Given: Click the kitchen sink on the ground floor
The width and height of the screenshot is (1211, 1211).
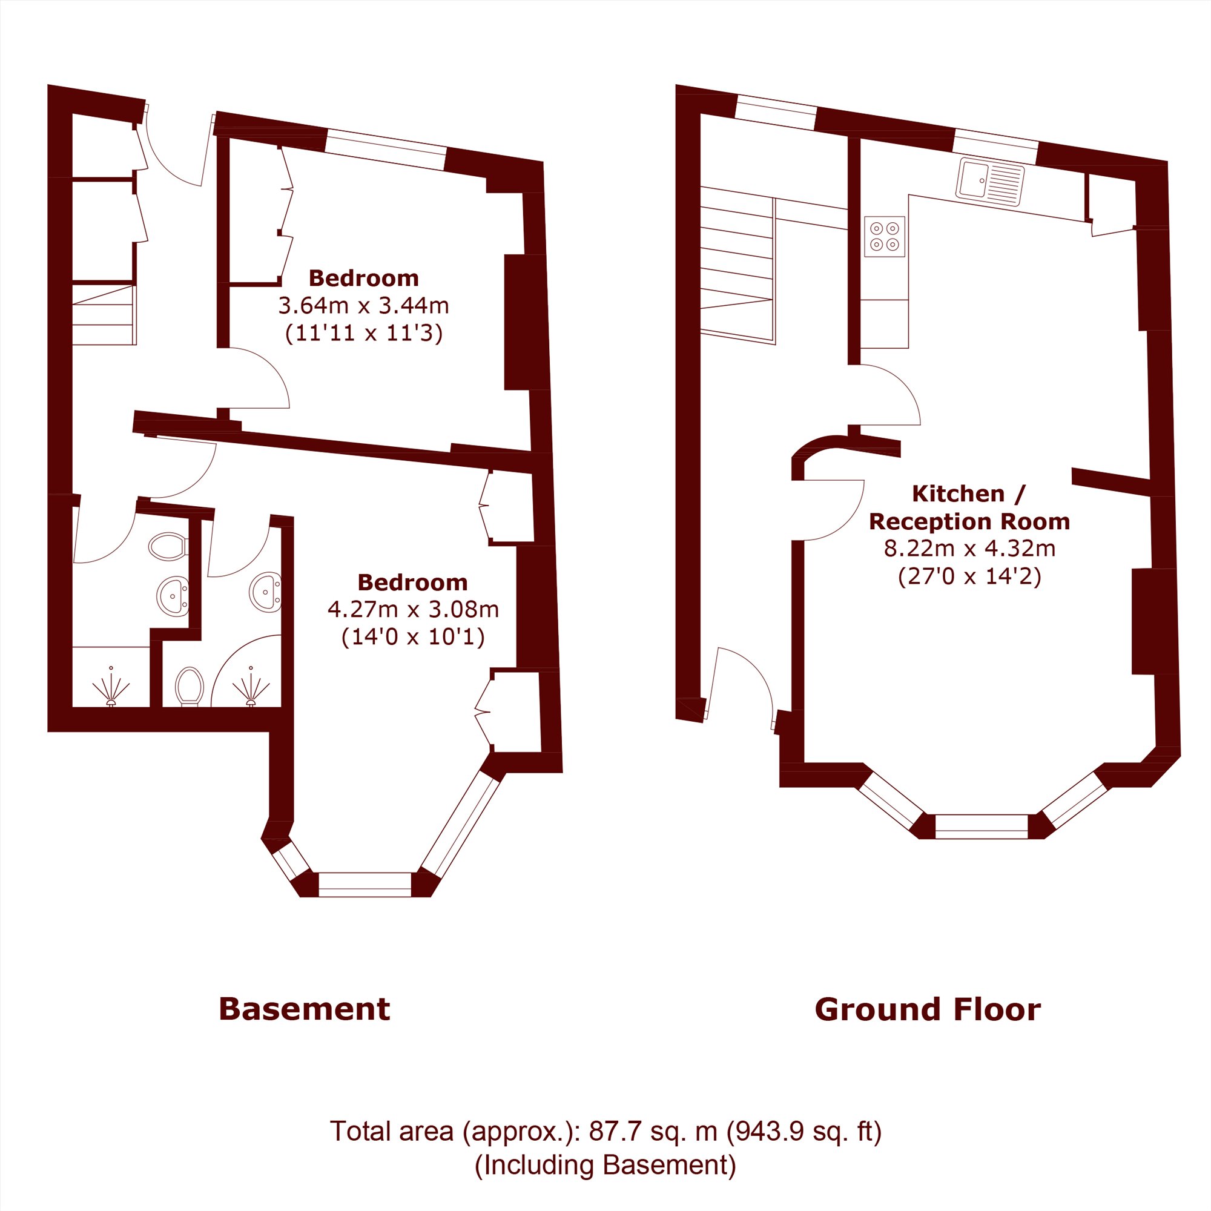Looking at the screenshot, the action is click(x=990, y=182).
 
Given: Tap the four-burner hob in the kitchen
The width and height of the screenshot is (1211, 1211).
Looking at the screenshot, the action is click(x=885, y=236).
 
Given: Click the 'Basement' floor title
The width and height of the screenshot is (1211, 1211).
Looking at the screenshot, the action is click(x=305, y=1010).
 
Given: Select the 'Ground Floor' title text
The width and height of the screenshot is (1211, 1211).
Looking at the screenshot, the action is click(x=928, y=1010).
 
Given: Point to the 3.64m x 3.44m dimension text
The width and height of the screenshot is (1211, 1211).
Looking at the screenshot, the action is click(x=363, y=306).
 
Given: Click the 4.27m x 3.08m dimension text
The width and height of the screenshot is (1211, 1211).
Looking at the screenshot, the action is click(x=413, y=609).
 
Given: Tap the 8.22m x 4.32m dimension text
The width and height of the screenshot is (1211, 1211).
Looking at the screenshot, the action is click(x=969, y=549).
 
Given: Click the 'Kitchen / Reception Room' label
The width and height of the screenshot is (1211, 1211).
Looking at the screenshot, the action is click(x=969, y=507).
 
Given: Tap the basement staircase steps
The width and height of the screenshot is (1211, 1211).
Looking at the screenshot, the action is click(x=104, y=315).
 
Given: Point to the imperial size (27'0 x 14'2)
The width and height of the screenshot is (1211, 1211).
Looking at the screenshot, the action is click(x=969, y=576).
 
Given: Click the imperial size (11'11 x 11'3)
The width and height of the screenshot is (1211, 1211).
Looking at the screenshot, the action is click(x=363, y=333).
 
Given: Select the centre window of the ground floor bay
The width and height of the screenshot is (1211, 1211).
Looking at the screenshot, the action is click(x=982, y=826).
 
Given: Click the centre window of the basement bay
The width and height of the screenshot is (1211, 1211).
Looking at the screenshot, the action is click(x=365, y=885).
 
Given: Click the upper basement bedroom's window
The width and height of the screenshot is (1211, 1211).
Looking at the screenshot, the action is click(x=386, y=149).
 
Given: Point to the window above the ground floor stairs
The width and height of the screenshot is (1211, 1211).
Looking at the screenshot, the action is click(x=776, y=113).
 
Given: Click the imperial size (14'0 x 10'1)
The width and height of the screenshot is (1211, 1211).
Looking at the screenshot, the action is click(x=413, y=637).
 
